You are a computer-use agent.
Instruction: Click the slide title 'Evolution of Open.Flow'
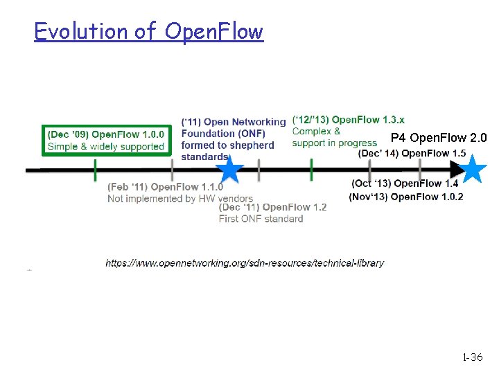pos(149,31)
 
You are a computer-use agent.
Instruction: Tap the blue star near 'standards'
pos(229,169)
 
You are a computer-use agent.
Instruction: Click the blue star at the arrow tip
pos(474,168)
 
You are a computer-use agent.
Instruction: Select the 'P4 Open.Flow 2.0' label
pos(439,138)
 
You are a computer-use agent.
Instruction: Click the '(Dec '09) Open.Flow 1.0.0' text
pos(106,134)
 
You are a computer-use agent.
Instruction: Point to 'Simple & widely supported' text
pos(106,146)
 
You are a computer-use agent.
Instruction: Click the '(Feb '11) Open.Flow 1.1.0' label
pos(166,186)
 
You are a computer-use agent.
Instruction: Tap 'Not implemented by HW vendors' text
pos(180,198)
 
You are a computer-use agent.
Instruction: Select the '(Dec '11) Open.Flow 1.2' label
pos(272,207)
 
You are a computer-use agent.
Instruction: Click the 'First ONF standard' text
pos(261,219)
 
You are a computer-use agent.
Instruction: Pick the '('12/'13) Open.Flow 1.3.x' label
pos(349,120)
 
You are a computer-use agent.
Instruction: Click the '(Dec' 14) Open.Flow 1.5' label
pos(412,153)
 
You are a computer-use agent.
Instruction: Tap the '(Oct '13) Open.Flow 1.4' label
pos(405,184)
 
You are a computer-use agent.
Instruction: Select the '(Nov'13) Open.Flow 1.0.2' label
pos(406,197)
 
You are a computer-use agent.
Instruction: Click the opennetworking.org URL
pos(245,262)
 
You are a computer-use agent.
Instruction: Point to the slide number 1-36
pos(472,357)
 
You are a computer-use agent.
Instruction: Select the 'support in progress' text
pos(335,143)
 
